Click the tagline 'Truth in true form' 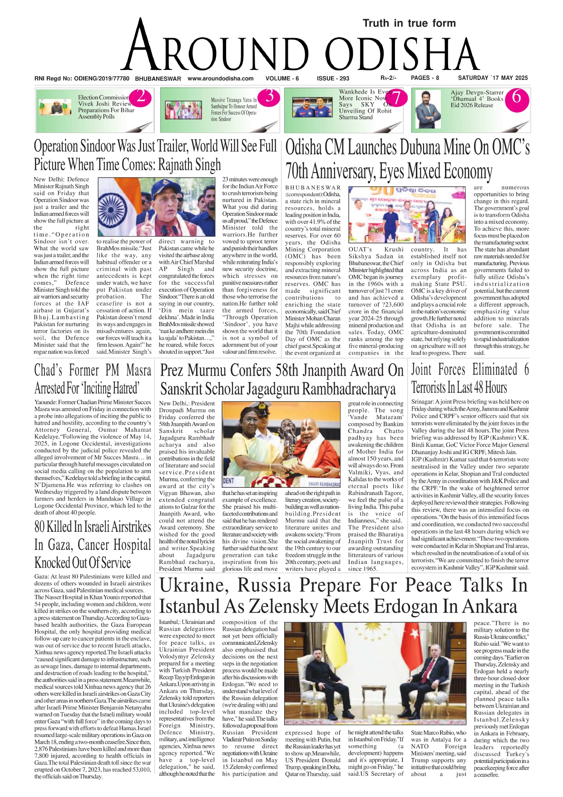point(409,23)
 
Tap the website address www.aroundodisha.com point(220,78)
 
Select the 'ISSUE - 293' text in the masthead point(333,78)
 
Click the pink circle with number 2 point(141,96)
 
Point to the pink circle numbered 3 point(270,96)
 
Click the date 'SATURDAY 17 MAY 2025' point(493,78)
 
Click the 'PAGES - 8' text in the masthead point(425,78)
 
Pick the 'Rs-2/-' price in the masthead point(388,78)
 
